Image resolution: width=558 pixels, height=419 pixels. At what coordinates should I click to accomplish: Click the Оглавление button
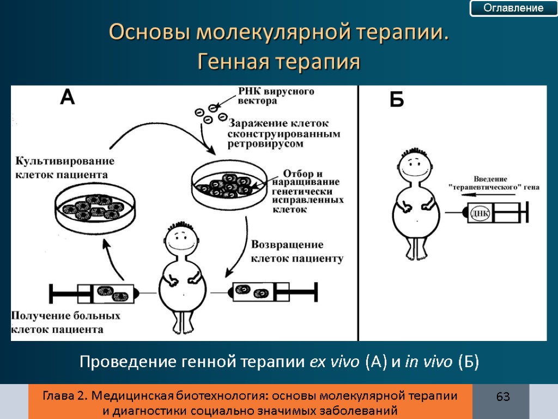(514, 8)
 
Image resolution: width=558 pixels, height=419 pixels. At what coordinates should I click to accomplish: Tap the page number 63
(502, 397)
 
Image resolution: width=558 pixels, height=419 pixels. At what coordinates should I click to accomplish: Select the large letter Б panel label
(397, 100)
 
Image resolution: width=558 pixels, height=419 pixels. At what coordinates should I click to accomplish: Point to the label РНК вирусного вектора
(276, 96)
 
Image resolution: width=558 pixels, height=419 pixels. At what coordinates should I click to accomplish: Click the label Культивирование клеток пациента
(64, 167)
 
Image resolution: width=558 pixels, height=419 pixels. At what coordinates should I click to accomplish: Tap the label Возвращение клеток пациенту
(296, 252)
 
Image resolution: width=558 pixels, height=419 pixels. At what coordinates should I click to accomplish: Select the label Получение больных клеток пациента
(65, 322)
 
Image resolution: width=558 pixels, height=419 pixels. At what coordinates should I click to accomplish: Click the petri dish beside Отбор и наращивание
(230, 186)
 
